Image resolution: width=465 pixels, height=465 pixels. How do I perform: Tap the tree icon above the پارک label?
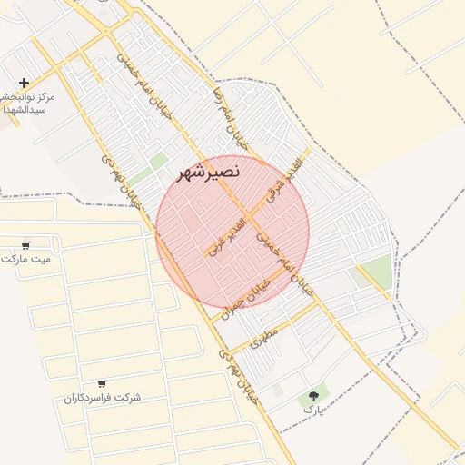314,395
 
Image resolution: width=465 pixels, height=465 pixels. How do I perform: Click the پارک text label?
313,411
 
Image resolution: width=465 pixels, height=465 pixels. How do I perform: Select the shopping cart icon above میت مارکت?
25,245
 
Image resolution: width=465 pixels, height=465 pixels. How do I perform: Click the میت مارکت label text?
26,259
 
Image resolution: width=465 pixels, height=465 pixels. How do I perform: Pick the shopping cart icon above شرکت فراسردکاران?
101,384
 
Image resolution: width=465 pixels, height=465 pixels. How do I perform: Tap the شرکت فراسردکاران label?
102,398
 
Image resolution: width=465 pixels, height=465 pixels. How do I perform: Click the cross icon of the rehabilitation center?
24,83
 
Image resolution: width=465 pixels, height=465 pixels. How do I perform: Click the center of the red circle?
232,232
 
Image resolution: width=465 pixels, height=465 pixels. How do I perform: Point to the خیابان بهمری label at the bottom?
234,376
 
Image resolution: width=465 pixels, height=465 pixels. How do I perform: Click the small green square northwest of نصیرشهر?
159,161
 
